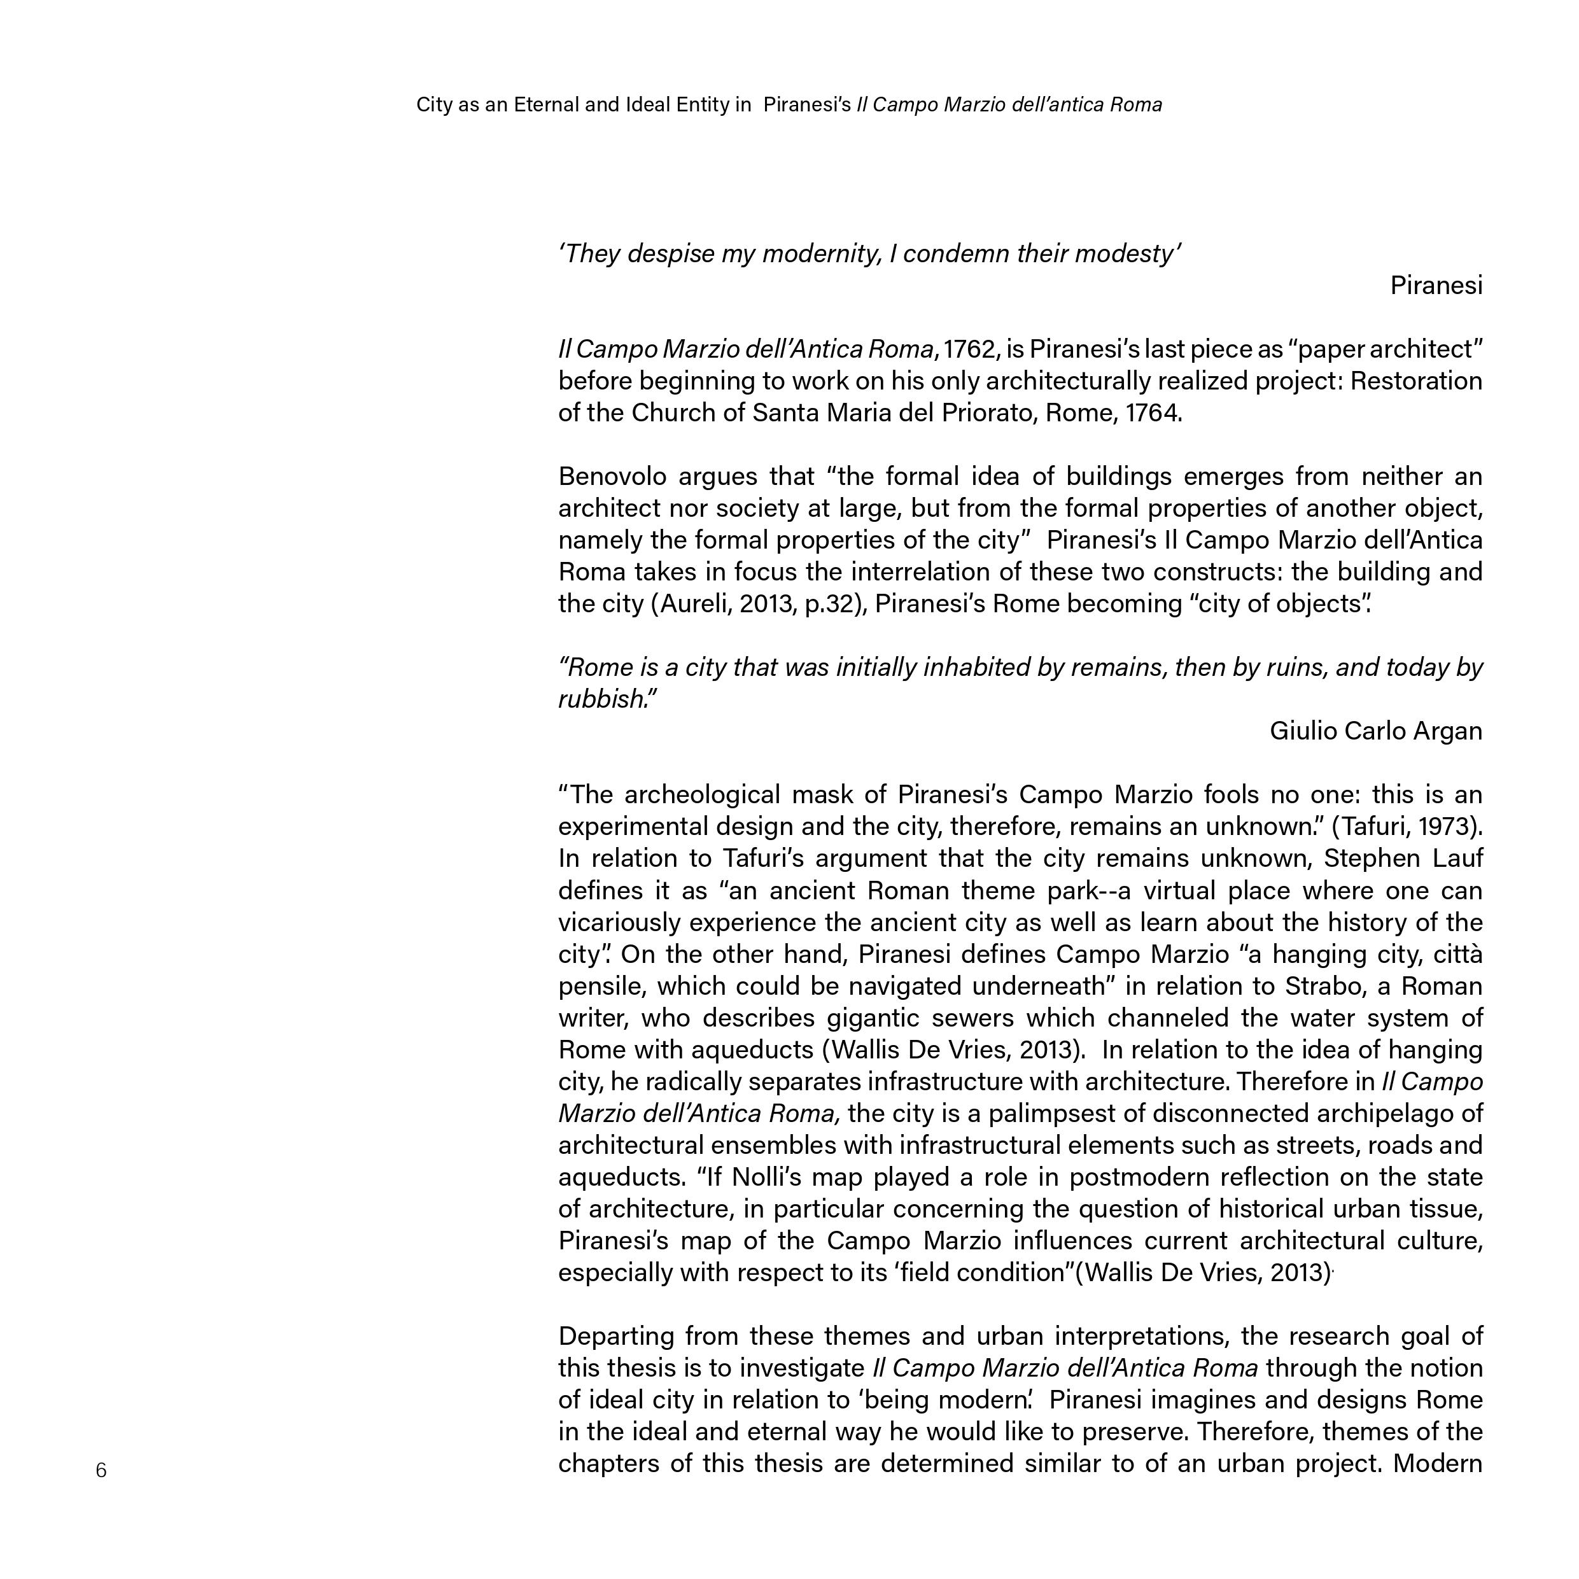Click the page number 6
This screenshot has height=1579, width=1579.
pyautogui.click(x=101, y=1470)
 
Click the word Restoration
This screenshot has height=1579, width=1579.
pyautogui.click(x=1415, y=381)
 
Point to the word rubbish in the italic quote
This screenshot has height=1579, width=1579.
pyautogui.click(x=602, y=699)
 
